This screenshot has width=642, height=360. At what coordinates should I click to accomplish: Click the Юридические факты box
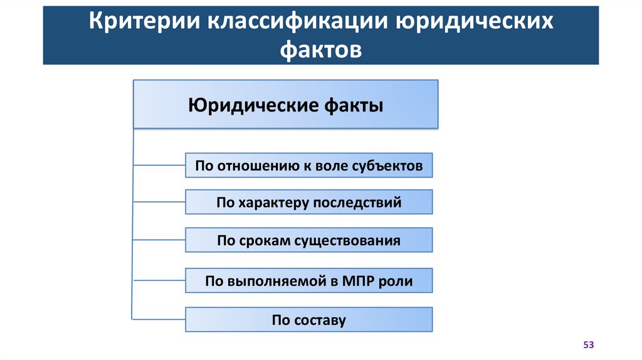[285, 104]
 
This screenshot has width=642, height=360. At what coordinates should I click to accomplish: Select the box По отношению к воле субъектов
[308, 166]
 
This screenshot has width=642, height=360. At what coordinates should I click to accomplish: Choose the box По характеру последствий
[308, 203]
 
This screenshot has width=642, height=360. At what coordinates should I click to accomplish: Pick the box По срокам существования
[308, 241]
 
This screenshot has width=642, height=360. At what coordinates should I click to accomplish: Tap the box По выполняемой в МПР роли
[308, 281]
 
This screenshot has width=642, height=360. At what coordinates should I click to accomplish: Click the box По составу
[308, 320]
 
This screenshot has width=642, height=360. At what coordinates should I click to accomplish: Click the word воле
[328, 166]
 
